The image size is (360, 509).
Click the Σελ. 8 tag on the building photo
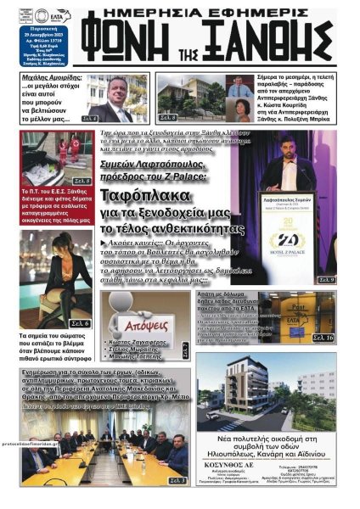[167, 117]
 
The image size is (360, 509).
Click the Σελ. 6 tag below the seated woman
[80, 323]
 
